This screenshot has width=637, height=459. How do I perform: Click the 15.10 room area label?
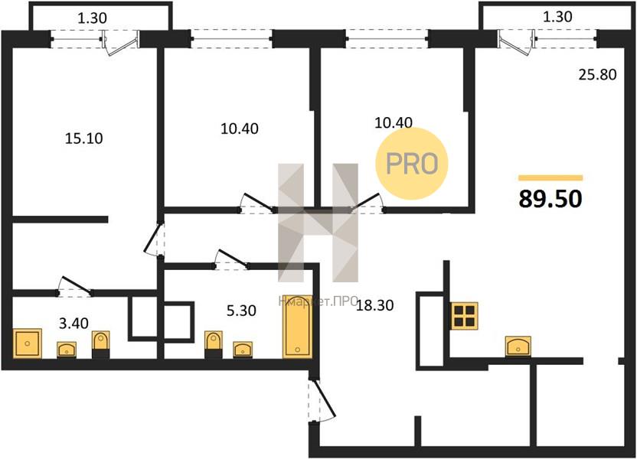(x=84, y=138)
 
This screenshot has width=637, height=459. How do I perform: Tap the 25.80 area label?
(x=598, y=75)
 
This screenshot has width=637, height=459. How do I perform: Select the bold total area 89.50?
(x=550, y=199)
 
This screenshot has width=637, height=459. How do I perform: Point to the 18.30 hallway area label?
(x=374, y=305)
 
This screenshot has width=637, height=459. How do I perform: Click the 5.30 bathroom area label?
(x=241, y=311)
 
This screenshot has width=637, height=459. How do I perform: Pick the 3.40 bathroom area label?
(x=73, y=324)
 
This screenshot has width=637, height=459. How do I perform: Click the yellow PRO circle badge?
(x=412, y=163)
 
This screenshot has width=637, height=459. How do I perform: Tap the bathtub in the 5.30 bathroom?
(x=297, y=327)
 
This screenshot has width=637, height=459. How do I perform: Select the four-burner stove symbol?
(x=464, y=316)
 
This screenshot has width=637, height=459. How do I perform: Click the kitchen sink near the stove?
(x=518, y=347)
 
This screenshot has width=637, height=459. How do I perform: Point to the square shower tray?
(x=28, y=343)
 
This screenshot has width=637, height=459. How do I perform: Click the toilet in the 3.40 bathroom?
(x=100, y=344)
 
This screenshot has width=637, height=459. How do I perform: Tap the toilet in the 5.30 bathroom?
(x=214, y=345)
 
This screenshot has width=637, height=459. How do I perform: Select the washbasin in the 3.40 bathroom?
(x=67, y=350)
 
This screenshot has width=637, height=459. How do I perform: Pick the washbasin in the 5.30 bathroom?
(x=243, y=350)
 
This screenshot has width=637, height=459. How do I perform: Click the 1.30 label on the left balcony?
(x=92, y=18)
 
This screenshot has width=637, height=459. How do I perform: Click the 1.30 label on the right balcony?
(x=557, y=17)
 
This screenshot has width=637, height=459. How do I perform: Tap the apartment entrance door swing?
(x=322, y=400)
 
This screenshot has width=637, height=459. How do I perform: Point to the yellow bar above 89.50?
(x=550, y=177)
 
